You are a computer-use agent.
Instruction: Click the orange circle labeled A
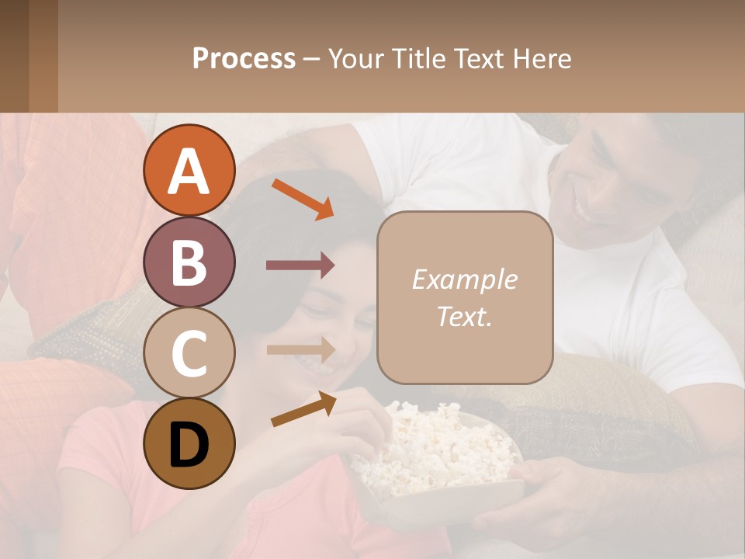[189, 171]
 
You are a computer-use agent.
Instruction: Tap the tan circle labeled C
[189, 352]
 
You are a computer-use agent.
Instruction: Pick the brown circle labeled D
[189, 443]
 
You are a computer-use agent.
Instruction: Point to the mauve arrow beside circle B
[300, 266]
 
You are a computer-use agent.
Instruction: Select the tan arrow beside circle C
[300, 349]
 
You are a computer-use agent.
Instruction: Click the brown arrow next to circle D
[303, 409]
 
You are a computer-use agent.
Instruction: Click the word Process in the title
[244, 59]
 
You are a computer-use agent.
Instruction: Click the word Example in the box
[464, 279]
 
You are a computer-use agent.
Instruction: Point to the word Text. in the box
[464, 316]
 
